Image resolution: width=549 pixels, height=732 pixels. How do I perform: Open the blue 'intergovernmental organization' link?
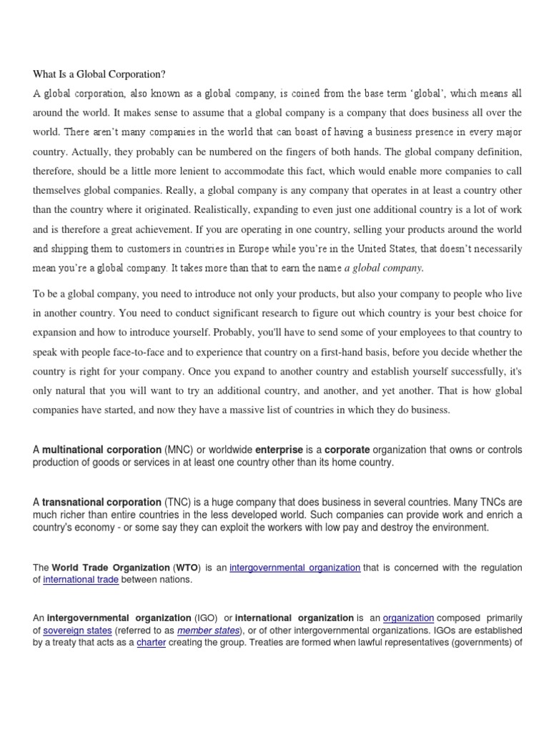295,568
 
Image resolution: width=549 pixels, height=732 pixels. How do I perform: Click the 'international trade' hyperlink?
81,580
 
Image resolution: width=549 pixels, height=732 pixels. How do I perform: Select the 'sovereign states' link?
77,630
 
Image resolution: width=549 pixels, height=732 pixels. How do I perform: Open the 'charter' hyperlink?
150,643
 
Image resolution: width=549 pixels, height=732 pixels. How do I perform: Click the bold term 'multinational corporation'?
102,450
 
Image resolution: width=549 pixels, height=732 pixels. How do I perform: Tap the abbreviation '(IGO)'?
202,618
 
